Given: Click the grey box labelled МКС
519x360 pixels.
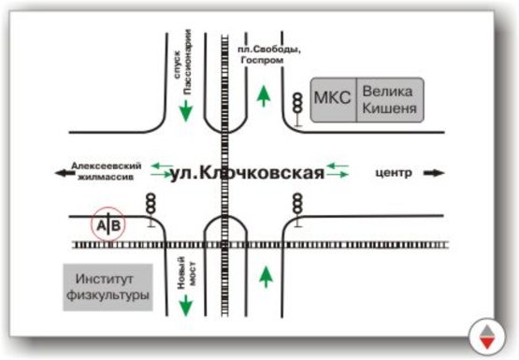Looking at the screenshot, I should (334, 100).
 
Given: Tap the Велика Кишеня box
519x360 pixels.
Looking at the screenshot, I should (390, 100).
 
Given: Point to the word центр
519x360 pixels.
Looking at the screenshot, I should (393, 173).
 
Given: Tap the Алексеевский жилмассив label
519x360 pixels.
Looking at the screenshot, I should (104, 169).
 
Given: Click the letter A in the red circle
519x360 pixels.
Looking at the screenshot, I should (99, 225).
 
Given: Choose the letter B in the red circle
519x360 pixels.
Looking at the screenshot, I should (114, 225).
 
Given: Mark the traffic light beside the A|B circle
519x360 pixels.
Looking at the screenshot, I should (150, 209).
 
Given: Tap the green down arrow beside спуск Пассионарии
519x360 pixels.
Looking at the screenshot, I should (186, 109).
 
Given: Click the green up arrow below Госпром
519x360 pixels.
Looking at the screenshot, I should (265, 94).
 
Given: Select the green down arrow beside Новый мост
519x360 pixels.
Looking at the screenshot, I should (186, 304).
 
